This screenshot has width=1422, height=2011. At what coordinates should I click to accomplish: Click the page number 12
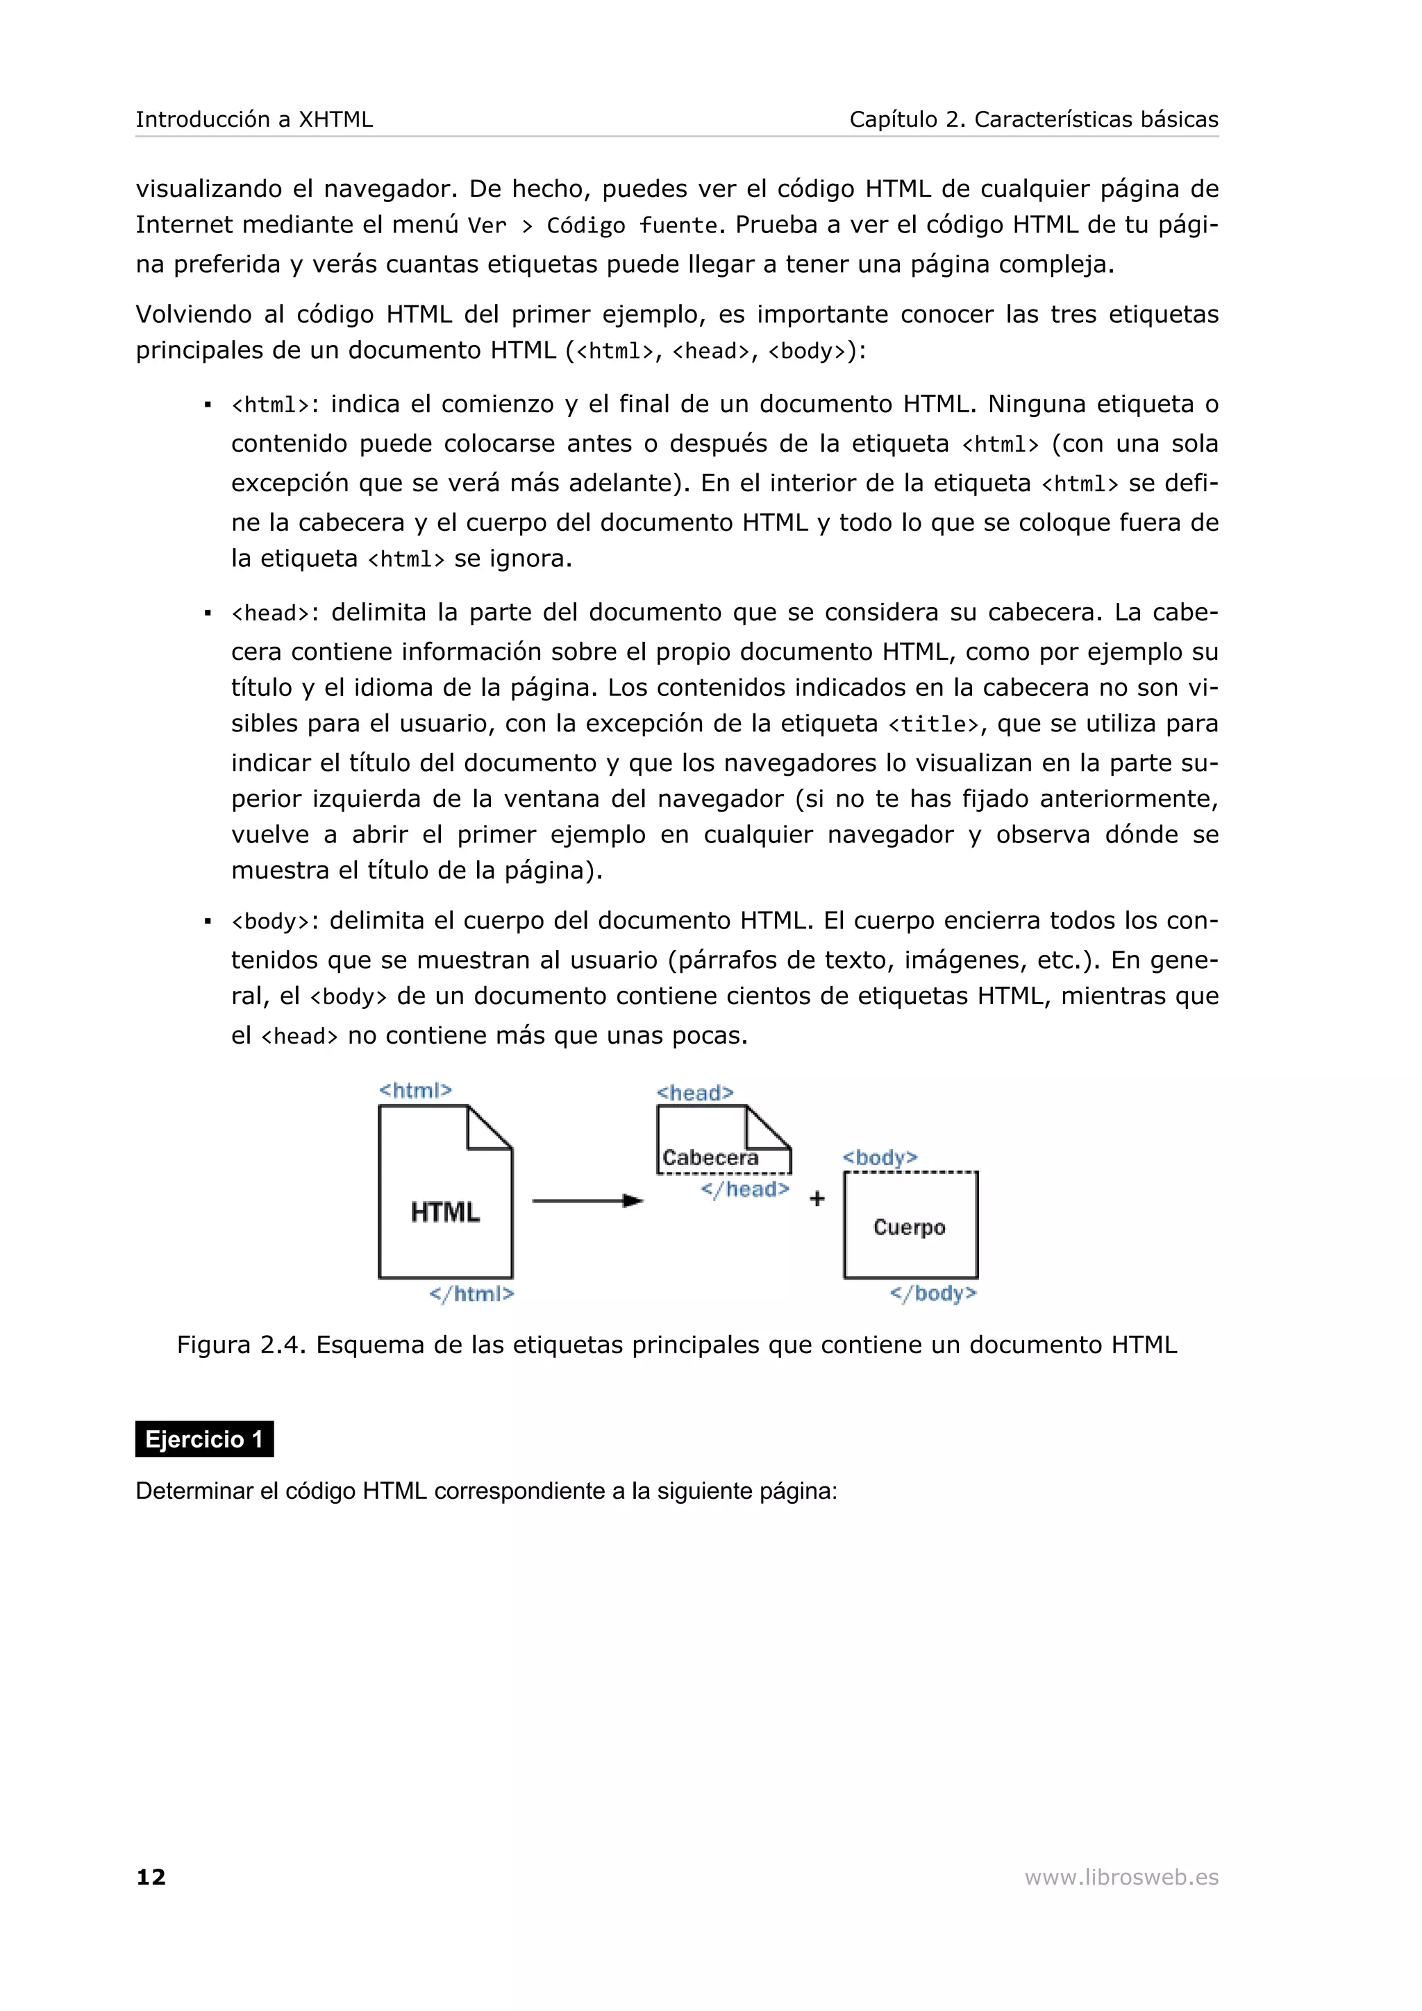click(x=151, y=1876)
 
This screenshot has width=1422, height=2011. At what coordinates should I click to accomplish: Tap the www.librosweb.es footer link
click(x=1121, y=1876)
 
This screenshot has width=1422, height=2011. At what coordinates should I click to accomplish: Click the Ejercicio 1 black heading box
click(x=204, y=1439)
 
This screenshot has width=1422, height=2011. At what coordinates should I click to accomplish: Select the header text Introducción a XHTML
click(x=254, y=119)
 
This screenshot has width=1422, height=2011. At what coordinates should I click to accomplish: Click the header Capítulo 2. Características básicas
click(x=1033, y=119)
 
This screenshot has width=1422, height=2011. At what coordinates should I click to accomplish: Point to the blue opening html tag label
click(x=415, y=1089)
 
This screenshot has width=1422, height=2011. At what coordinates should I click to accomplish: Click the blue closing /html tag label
click(x=471, y=1293)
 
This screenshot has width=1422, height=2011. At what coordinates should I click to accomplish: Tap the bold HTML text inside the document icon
click(x=445, y=1212)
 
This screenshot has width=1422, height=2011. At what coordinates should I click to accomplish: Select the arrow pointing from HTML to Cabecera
click(x=587, y=1200)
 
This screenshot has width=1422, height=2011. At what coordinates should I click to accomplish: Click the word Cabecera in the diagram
click(x=710, y=1158)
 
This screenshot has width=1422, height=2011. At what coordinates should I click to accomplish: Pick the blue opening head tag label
click(x=695, y=1092)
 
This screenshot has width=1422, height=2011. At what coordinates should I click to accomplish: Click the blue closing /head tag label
click(x=745, y=1189)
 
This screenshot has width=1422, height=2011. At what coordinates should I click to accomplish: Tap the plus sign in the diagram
click(x=817, y=1199)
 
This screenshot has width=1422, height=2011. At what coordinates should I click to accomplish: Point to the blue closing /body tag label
click(x=932, y=1293)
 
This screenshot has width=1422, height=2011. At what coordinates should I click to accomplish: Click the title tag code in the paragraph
click(x=933, y=725)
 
